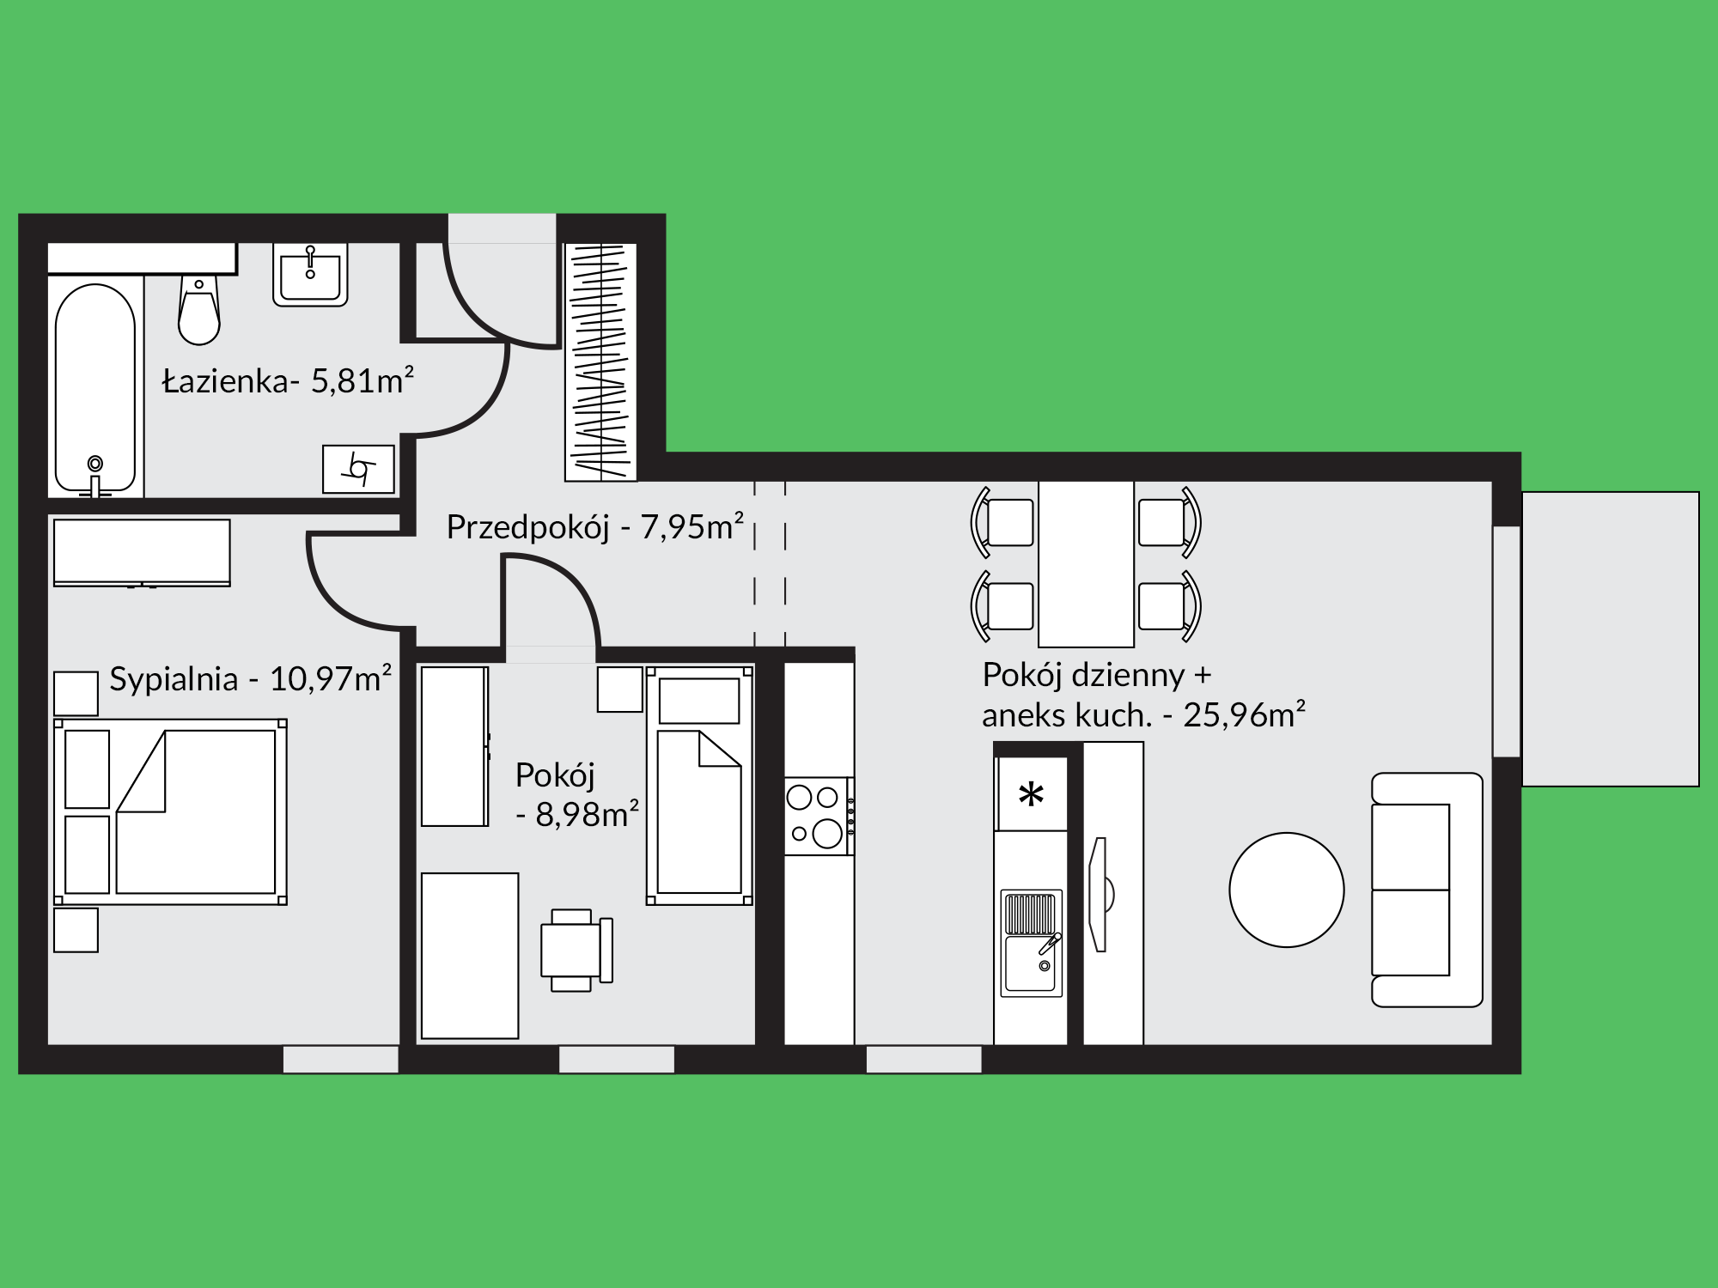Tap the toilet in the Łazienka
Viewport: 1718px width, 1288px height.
tap(199, 309)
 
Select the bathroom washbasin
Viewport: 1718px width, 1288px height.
tap(310, 274)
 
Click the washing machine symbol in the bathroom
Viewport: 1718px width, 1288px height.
tap(358, 469)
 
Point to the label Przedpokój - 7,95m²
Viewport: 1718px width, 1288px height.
tap(594, 526)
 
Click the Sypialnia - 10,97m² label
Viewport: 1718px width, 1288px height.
tap(250, 678)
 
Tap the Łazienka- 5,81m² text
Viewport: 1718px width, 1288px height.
tap(289, 380)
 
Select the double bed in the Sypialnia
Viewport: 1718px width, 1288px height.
tap(170, 812)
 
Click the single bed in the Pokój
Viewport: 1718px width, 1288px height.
tap(700, 785)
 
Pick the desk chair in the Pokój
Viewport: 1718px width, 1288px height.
tap(576, 950)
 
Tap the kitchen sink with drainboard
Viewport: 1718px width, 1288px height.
tap(1032, 942)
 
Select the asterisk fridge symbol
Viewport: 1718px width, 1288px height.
tap(1031, 794)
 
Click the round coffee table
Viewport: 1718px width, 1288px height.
tap(1286, 890)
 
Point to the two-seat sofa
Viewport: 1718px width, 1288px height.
tap(1427, 890)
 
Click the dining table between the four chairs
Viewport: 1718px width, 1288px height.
tap(1086, 563)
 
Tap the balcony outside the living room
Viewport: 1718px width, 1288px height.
tap(1611, 639)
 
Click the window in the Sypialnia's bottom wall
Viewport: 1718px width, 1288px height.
tap(341, 1059)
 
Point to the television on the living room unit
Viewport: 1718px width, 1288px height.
tap(1100, 895)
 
